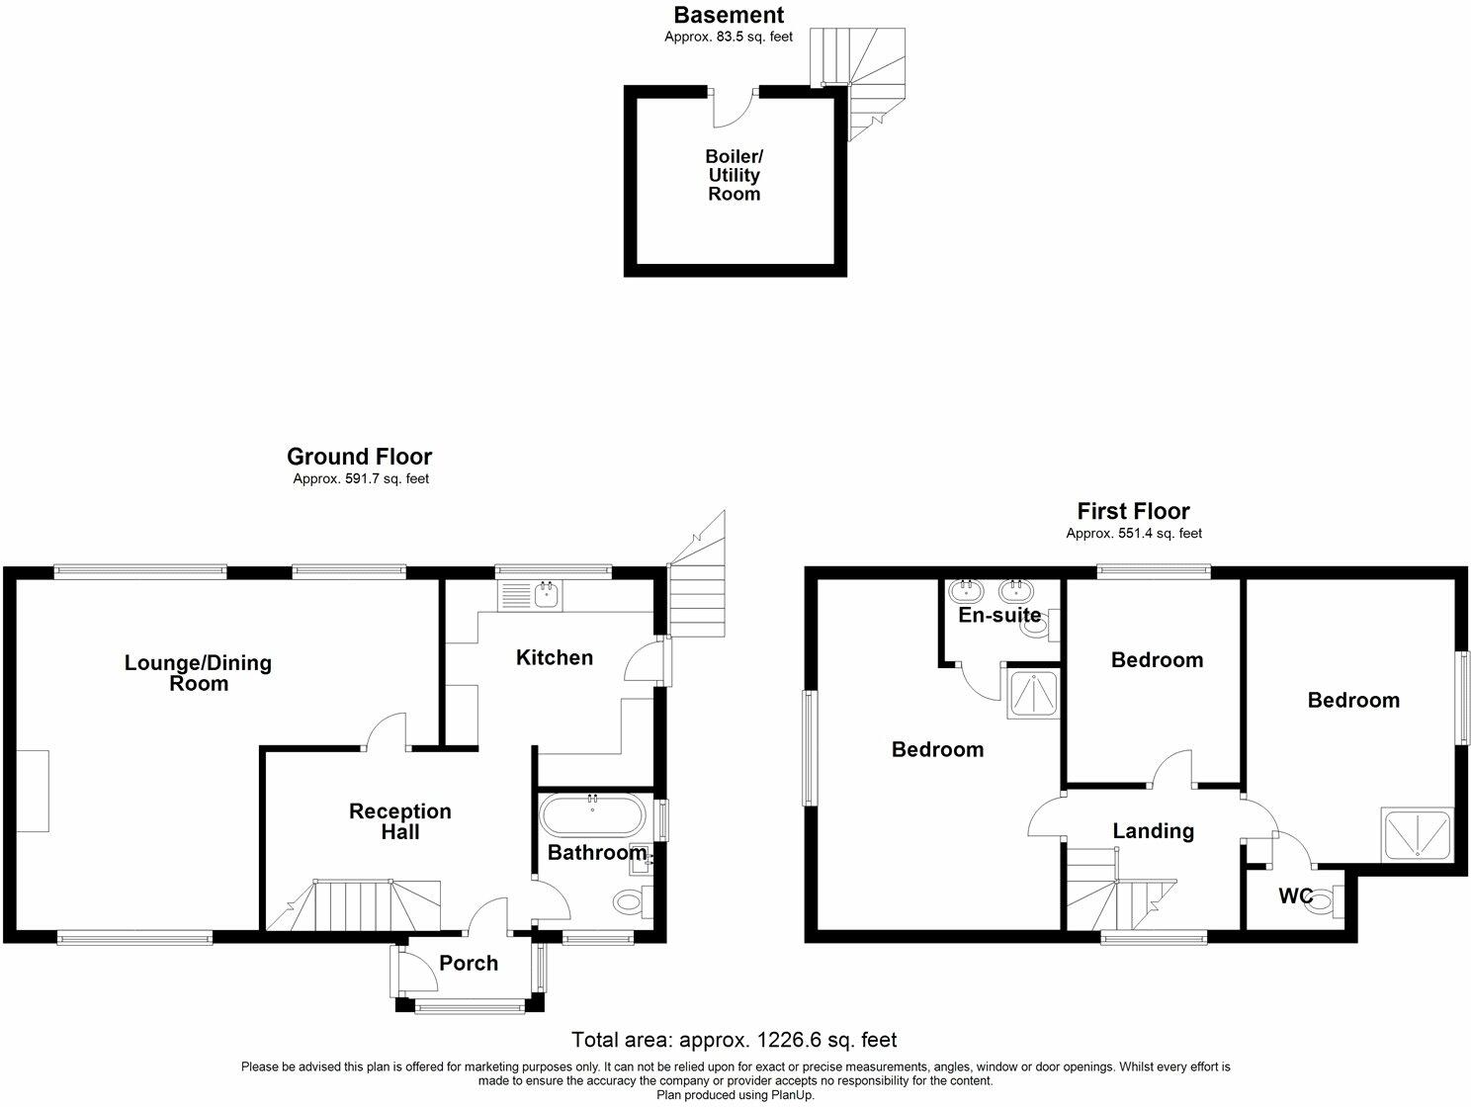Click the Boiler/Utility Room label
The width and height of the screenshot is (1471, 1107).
[734, 175]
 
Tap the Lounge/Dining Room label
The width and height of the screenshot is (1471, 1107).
[198, 673]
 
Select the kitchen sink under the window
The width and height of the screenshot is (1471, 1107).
[531, 595]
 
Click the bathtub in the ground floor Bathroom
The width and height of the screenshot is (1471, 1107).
[593, 816]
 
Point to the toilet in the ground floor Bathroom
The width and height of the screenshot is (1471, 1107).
[629, 901]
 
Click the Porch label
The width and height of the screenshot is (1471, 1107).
[469, 963]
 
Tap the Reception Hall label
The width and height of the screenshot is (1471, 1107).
[399, 821]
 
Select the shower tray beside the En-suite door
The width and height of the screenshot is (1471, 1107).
[1030, 692]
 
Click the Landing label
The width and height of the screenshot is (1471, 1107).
[1153, 831]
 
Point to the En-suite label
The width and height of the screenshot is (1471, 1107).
[999, 616]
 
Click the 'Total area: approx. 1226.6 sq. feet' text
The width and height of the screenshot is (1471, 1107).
[735, 1040]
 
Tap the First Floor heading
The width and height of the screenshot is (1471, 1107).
[1133, 511]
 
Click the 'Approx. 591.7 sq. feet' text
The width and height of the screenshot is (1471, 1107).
[360, 479]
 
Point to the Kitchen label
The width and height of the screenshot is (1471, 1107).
[555, 657]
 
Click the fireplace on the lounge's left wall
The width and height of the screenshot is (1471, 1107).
[33, 791]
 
